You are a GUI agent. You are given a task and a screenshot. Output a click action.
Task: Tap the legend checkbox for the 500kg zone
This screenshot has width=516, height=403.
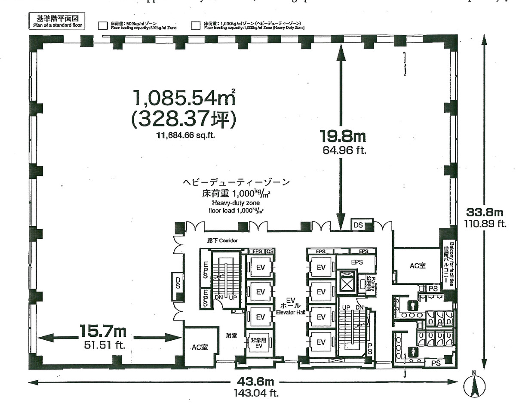[x=102, y=25]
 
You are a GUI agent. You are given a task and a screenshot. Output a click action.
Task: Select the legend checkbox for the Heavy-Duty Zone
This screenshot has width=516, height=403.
[x=196, y=25]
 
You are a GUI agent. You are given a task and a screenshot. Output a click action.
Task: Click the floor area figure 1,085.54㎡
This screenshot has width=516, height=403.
[x=185, y=98]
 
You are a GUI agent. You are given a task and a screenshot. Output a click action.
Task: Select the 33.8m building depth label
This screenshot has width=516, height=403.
[x=485, y=212]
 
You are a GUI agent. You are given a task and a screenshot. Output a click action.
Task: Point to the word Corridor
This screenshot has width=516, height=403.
[x=228, y=241]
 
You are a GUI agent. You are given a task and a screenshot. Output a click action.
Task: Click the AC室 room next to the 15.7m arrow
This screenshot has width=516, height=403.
[x=200, y=347]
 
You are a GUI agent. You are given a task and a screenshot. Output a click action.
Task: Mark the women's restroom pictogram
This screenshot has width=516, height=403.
[x=414, y=351]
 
